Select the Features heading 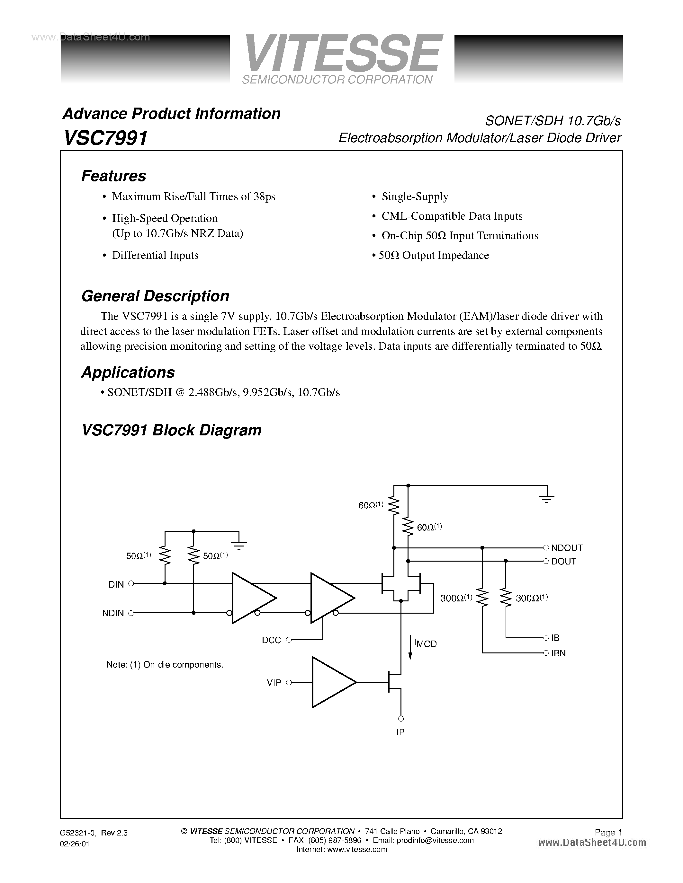tap(114, 176)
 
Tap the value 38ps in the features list tap(264, 197)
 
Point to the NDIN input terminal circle tap(131, 613)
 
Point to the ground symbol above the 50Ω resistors tap(239, 545)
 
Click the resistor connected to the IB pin tap(505, 598)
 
